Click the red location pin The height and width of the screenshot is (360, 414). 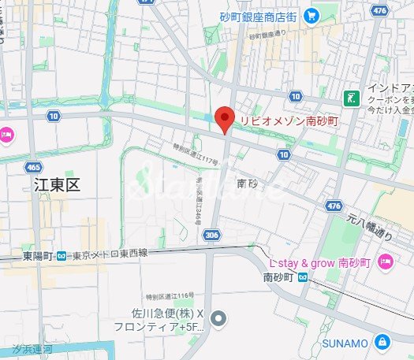[225, 119]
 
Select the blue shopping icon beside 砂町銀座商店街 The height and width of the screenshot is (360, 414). [311, 14]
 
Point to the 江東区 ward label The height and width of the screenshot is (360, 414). [58, 184]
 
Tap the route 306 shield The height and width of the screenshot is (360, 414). [211, 235]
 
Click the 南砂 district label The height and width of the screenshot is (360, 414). [248, 183]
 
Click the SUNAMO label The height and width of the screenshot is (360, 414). [345, 343]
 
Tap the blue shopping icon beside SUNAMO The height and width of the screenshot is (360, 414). [382, 342]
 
